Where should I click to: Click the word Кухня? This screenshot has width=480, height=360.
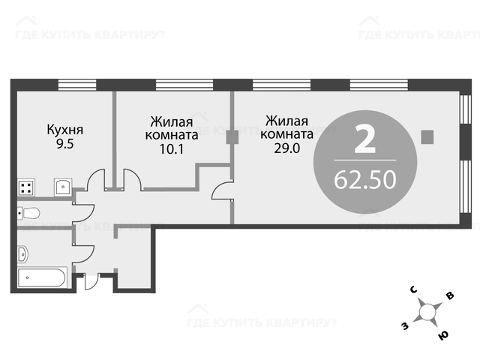tap(65, 130)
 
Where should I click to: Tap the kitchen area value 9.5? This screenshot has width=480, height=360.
tap(65, 143)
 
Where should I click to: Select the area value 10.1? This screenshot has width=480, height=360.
tap(172, 149)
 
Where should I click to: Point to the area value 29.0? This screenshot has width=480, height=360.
tap(286, 148)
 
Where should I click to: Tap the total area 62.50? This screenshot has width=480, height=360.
tap(365, 180)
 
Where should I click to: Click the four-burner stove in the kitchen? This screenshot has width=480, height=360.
tap(26, 187)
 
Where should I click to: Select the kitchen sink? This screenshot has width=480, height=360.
tap(63, 187)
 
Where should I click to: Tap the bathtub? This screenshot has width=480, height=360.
tap(42, 277)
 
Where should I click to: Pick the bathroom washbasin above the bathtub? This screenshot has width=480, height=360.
tap(23, 254)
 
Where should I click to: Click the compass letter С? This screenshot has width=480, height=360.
tap(414, 289)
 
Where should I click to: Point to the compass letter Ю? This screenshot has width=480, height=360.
tap(442, 335)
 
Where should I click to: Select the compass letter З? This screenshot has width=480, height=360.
tap(405, 327)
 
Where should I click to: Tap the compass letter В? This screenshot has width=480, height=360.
tap(449, 295)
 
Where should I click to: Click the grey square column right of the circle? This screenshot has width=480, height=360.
tap(427, 136)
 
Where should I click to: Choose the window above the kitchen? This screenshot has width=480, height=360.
tap(77, 85)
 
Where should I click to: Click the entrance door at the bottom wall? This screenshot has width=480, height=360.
tap(91, 281)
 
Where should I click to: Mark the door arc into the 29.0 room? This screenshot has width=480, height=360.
tap(223, 191)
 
